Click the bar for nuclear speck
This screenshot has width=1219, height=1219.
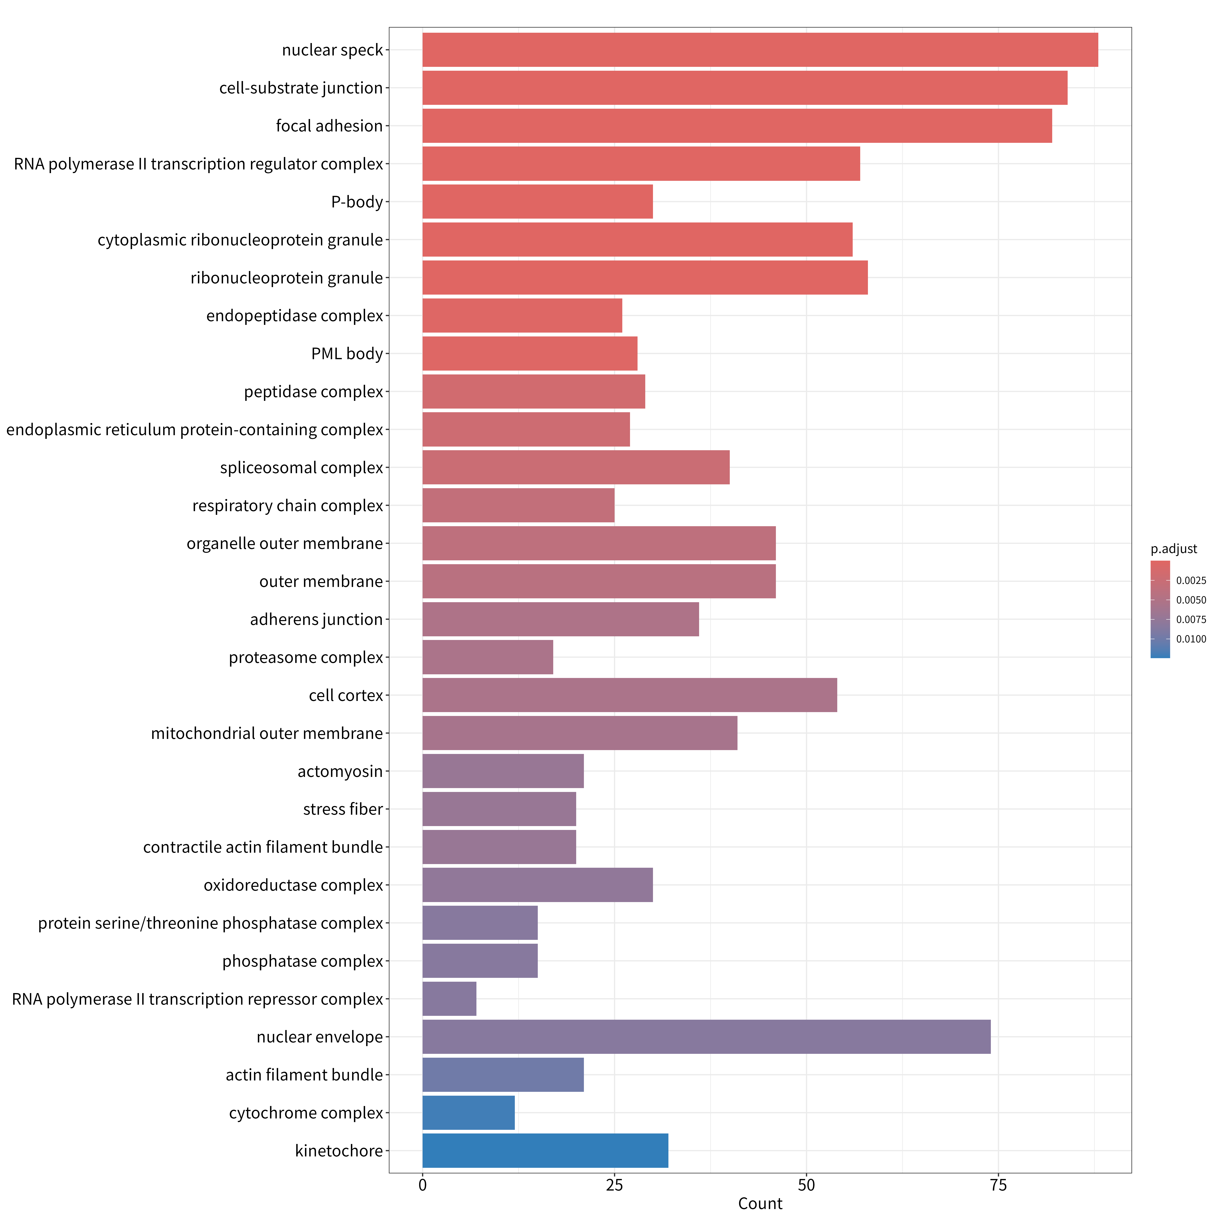coord(760,50)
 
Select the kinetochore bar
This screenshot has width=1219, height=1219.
coord(545,1151)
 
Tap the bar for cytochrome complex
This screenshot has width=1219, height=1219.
coord(469,1113)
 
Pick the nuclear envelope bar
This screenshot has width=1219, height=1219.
coord(707,1037)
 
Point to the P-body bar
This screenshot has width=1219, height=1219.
coord(538,202)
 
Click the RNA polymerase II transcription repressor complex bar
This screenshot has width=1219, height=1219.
coord(449,999)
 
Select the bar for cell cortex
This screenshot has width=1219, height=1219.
coord(630,695)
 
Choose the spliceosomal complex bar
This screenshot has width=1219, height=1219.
coord(576,467)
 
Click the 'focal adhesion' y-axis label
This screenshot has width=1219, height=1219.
coord(329,126)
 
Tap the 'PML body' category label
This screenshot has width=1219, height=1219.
coord(347,354)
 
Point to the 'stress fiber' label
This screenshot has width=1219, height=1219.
coord(343,809)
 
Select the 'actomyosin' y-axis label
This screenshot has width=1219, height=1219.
coord(340,772)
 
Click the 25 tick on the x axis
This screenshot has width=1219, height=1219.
coord(615,1185)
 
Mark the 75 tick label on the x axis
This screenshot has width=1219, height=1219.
coord(998,1185)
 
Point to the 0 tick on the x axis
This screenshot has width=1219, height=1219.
coord(423,1185)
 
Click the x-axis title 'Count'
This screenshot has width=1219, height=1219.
coord(760,1204)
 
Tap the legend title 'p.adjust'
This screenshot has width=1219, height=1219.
coord(1173,549)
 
